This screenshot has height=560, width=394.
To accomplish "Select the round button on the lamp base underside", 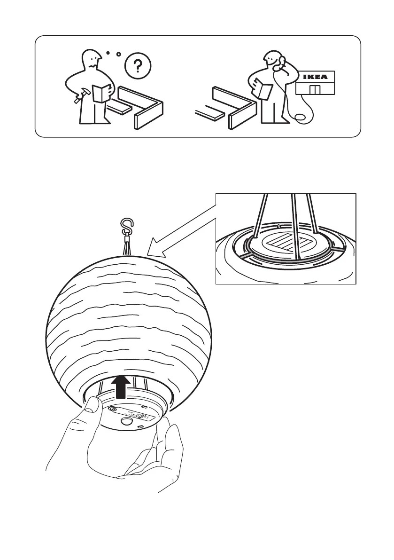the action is point(126,422).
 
